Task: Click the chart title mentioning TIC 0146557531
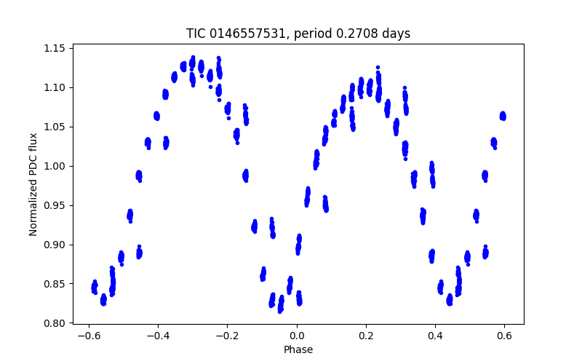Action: (x=298, y=33)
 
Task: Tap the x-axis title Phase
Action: (x=298, y=349)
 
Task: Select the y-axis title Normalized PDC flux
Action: (x=33, y=185)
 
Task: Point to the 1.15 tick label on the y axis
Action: (x=54, y=48)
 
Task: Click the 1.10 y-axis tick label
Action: (x=54, y=87)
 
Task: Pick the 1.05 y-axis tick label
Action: (x=54, y=127)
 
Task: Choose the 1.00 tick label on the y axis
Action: (x=54, y=166)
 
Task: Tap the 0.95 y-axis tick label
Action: (x=54, y=205)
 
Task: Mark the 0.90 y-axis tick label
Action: (x=54, y=245)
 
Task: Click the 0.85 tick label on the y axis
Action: (x=54, y=284)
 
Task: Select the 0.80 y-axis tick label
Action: (x=54, y=323)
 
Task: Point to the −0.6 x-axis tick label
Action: (x=89, y=336)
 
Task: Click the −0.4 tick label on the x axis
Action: (x=158, y=336)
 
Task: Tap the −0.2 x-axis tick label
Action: (x=227, y=336)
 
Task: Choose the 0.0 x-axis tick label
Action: (x=297, y=336)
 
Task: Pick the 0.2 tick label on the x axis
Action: (x=366, y=336)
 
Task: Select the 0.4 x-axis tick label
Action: (x=435, y=336)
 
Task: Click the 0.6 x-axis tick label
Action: (x=504, y=336)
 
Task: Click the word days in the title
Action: (x=396, y=33)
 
